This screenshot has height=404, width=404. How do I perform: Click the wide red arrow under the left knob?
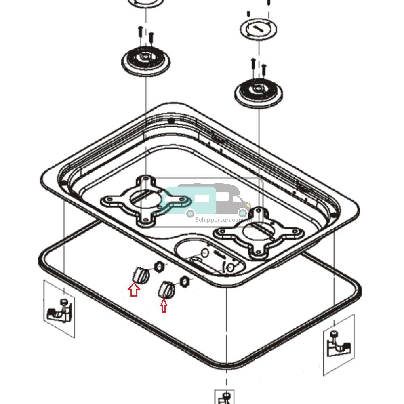(x=134, y=289)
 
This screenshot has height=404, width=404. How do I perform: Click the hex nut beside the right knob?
(x=184, y=280)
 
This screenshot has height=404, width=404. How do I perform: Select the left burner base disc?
(x=145, y=61)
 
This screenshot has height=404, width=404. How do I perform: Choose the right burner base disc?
(x=258, y=93)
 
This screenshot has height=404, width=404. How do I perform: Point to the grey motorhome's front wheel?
(x=243, y=213)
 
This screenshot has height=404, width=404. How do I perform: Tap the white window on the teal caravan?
(x=202, y=198)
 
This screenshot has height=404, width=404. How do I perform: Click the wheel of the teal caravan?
(x=189, y=213)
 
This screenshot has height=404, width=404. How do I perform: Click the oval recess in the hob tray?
(x=210, y=256)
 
